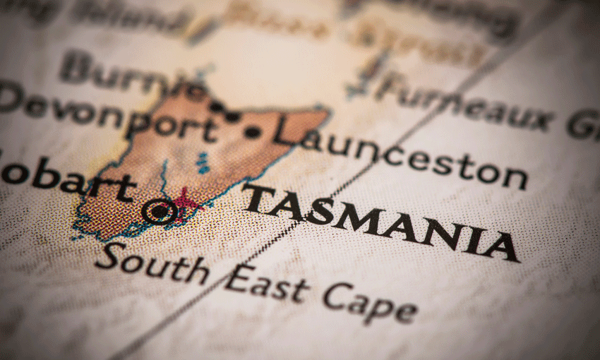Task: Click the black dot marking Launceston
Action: click(252, 132)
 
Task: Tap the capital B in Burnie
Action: click(74, 67)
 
